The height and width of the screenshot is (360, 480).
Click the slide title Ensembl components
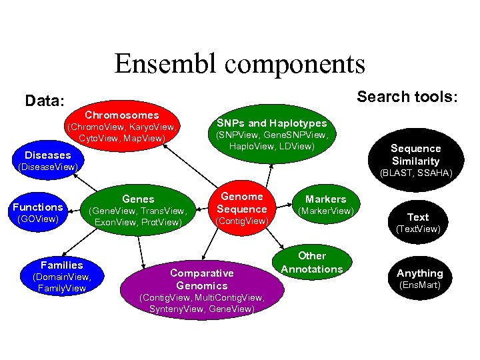click(x=240, y=64)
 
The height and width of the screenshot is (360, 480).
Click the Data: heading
click(x=45, y=101)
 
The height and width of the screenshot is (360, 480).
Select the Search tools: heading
click(x=407, y=97)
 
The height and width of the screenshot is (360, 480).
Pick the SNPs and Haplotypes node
click(x=271, y=134)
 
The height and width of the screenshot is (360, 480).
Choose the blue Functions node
click(x=37, y=212)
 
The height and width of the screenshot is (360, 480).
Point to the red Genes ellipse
click(x=138, y=209)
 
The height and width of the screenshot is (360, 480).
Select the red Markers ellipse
click(x=326, y=205)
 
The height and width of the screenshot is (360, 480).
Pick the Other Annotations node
click(x=312, y=263)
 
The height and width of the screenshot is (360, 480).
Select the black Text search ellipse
click(x=418, y=222)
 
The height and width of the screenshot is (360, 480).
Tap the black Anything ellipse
click(x=419, y=278)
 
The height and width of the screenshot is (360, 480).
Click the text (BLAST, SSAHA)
click(x=415, y=173)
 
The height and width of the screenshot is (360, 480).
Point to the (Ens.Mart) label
click(x=419, y=285)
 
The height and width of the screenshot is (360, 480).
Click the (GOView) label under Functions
click(x=37, y=218)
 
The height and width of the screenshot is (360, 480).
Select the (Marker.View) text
click(x=326, y=211)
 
